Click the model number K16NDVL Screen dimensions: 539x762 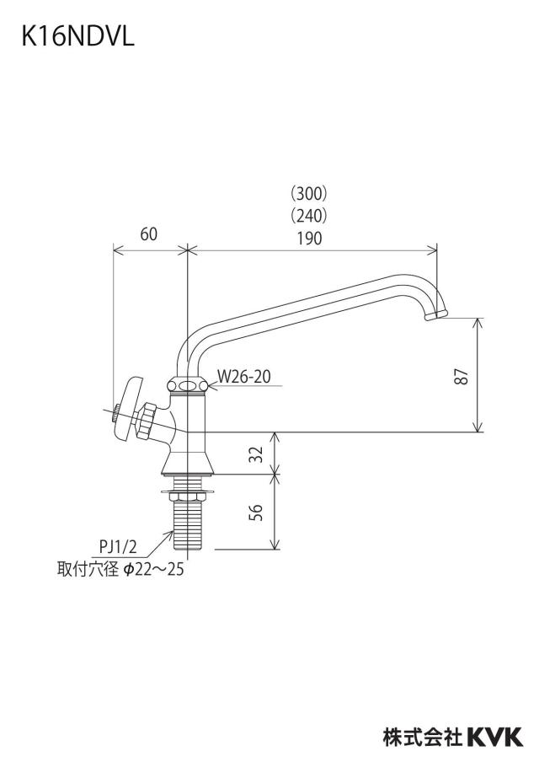point(77,36)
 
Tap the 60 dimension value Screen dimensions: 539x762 point(149,234)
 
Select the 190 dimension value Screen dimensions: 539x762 point(309,238)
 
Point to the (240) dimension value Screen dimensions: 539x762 point(309,215)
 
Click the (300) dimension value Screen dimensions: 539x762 point(309,193)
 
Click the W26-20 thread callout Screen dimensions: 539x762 point(243,376)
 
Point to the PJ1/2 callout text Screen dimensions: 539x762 point(118,547)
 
